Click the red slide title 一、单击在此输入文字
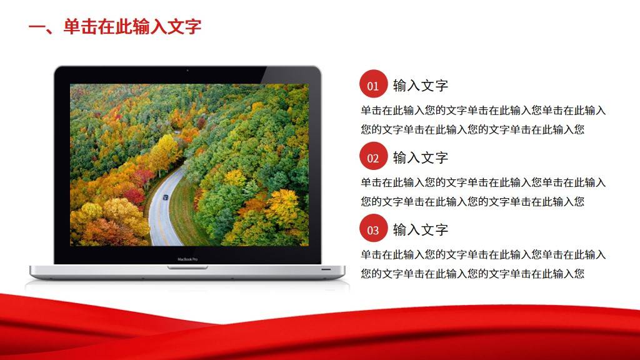(115, 26)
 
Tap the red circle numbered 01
(373, 84)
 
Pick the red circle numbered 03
(373, 228)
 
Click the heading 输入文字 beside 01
(421, 86)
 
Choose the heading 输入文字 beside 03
(421, 230)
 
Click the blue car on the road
(165, 197)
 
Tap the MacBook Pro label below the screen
(187, 259)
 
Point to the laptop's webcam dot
(187, 71)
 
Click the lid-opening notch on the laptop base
(187, 267)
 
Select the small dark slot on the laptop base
(326, 269)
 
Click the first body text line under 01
(483, 111)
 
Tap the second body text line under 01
(472, 130)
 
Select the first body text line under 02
(483, 183)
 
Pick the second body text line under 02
(472, 202)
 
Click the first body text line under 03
(483, 255)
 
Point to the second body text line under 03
(472, 274)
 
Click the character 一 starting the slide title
(37, 27)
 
